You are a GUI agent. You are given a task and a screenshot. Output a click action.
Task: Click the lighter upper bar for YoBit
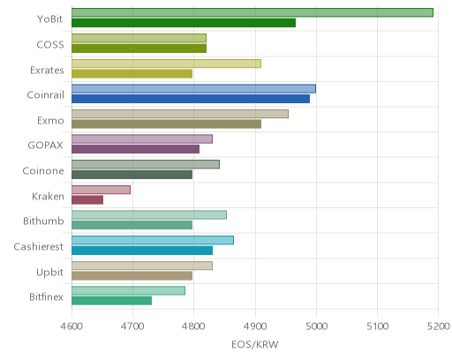click(x=252, y=12)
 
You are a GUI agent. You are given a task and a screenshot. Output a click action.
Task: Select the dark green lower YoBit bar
click(x=184, y=23)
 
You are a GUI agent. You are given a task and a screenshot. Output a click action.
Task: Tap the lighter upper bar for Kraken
click(x=101, y=190)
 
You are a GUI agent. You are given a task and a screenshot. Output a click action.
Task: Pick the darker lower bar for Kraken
click(x=87, y=200)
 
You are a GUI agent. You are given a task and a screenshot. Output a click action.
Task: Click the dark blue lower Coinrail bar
click(x=191, y=99)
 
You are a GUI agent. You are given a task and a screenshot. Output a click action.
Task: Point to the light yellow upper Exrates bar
click(x=166, y=64)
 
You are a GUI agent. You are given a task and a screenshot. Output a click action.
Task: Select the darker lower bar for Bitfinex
click(x=112, y=301)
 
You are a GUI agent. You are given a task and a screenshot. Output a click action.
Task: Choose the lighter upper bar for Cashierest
click(x=153, y=240)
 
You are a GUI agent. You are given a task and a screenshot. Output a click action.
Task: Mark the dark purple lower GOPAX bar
click(x=135, y=149)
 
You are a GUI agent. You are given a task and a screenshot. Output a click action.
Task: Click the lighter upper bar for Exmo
click(x=180, y=114)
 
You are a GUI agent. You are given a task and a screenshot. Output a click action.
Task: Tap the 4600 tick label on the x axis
click(x=72, y=326)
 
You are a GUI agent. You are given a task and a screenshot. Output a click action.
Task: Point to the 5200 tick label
click(x=438, y=326)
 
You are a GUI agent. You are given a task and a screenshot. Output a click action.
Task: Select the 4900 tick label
click(x=255, y=326)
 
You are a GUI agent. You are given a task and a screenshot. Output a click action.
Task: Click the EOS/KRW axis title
click(x=255, y=344)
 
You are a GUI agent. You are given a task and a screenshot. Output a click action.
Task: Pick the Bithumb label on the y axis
click(x=43, y=221)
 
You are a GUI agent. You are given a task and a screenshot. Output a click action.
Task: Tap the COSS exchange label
click(x=50, y=45)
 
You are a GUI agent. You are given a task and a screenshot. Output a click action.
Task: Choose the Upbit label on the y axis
click(x=49, y=273)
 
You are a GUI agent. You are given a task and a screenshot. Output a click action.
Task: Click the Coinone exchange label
click(x=43, y=171)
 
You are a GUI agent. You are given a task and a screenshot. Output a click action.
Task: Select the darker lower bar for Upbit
click(x=132, y=275)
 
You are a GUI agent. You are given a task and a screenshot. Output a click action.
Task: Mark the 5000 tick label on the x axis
click(x=316, y=326)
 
